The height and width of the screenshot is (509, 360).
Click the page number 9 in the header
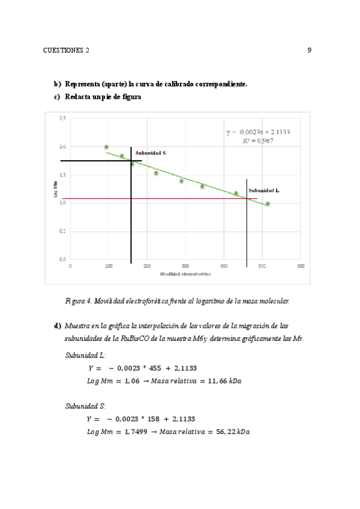tap(309, 50)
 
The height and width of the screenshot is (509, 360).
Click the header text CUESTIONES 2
tap(66, 50)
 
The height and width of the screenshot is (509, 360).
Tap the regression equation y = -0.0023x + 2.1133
tap(258, 133)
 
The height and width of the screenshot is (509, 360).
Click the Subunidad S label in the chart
tap(150, 153)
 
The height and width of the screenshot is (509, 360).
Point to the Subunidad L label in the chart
tap(263, 190)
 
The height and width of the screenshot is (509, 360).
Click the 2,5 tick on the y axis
tap(62, 118)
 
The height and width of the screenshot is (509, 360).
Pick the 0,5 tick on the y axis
tap(62, 231)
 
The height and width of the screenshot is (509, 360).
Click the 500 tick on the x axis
tap(300, 266)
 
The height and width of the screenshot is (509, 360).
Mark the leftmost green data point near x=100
tap(106, 147)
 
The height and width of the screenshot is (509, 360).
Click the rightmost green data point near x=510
tap(268, 203)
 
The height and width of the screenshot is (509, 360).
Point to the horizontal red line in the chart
tap(180, 199)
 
